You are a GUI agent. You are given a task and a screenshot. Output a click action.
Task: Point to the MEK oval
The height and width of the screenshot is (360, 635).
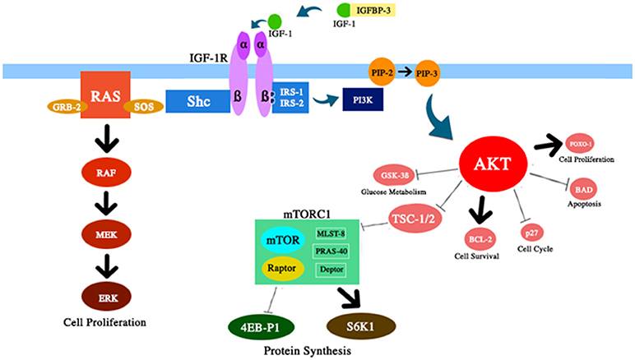[x=106, y=234]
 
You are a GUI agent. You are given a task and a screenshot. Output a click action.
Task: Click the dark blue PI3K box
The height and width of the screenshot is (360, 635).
[x=359, y=101]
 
